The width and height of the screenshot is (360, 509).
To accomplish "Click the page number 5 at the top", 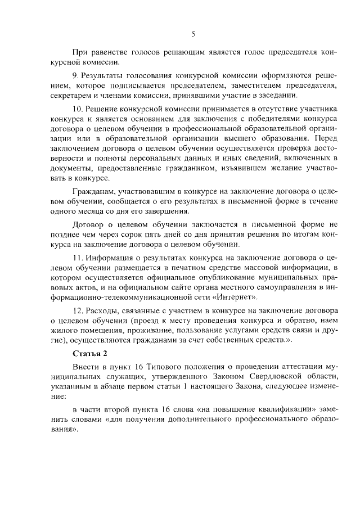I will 192,34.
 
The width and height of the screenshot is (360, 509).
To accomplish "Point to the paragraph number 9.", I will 76,75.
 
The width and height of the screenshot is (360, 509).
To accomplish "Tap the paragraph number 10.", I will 79,107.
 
